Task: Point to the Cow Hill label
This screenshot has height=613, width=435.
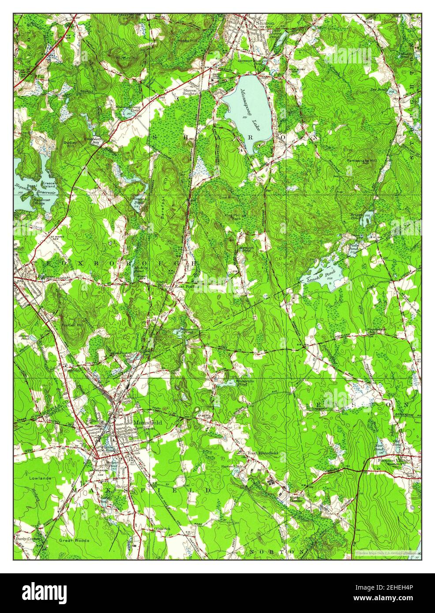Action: click(x=226, y=198)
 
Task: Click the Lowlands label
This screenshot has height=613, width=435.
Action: click(x=41, y=478)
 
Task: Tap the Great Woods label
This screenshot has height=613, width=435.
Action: click(x=75, y=540)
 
